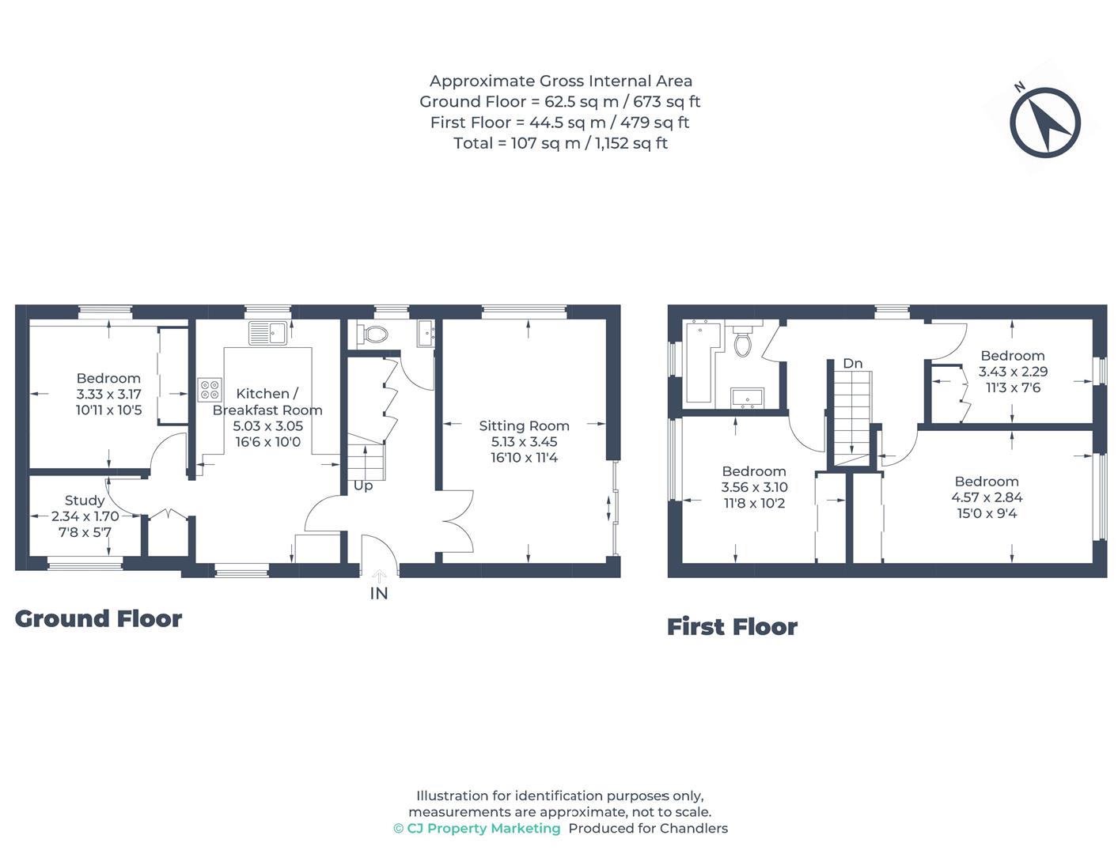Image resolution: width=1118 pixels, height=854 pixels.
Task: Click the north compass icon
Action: pyautogui.click(x=1044, y=122)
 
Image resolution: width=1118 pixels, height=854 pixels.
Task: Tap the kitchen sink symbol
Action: pyautogui.click(x=267, y=333)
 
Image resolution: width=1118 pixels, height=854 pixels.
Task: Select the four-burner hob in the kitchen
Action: pyautogui.click(x=210, y=390)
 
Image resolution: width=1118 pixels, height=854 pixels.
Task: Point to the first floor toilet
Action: pyautogui.click(x=743, y=342)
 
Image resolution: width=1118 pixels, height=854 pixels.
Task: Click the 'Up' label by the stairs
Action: pyautogui.click(x=363, y=486)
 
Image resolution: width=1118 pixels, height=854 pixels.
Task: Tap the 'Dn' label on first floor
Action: pyautogui.click(x=852, y=364)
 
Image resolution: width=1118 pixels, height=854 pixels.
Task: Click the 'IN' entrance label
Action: pyautogui.click(x=379, y=593)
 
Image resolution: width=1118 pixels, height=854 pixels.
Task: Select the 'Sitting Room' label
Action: pyautogui.click(x=524, y=425)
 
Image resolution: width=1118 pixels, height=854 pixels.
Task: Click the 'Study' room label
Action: pyautogui.click(x=85, y=501)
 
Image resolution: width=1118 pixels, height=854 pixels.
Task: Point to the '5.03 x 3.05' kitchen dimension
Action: pyautogui.click(x=267, y=425)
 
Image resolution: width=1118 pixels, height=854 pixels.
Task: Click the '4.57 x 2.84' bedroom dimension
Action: pyautogui.click(x=987, y=497)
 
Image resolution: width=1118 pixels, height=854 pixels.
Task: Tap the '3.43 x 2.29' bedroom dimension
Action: pyautogui.click(x=1013, y=372)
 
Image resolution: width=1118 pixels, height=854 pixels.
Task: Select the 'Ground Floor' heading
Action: pyautogui.click(x=98, y=618)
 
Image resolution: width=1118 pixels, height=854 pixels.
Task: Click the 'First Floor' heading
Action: pyautogui.click(x=732, y=627)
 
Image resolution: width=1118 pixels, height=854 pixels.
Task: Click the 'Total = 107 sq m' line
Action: pyautogui.click(x=560, y=143)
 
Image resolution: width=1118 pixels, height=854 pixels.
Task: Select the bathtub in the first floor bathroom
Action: pyautogui.click(x=699, y=360)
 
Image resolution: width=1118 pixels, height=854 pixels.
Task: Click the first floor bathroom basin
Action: pyautogui.click(x=747, y=397)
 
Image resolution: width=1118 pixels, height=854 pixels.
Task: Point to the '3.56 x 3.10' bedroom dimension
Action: pyautogui.click(x=754, y=487)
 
